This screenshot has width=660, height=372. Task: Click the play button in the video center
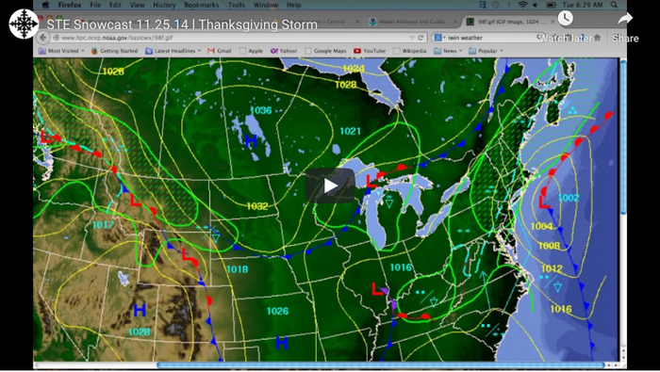point(330,186)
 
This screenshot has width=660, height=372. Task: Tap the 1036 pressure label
point(261,111)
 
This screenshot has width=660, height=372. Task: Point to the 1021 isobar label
point(350,131)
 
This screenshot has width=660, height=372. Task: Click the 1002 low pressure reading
point(568,199)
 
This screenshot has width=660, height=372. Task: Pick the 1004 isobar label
point(541,227)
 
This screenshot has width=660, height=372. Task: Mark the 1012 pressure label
point(552,269)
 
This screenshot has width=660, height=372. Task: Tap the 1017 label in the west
point(104,225)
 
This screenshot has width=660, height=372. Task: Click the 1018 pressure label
point(238,269)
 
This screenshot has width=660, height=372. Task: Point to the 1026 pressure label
point(276,311)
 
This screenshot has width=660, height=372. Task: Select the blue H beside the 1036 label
point(250,141)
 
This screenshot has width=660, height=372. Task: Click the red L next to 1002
point(544,201)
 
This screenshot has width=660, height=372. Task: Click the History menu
point(165,5)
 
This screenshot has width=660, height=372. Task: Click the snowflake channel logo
point(24,24)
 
